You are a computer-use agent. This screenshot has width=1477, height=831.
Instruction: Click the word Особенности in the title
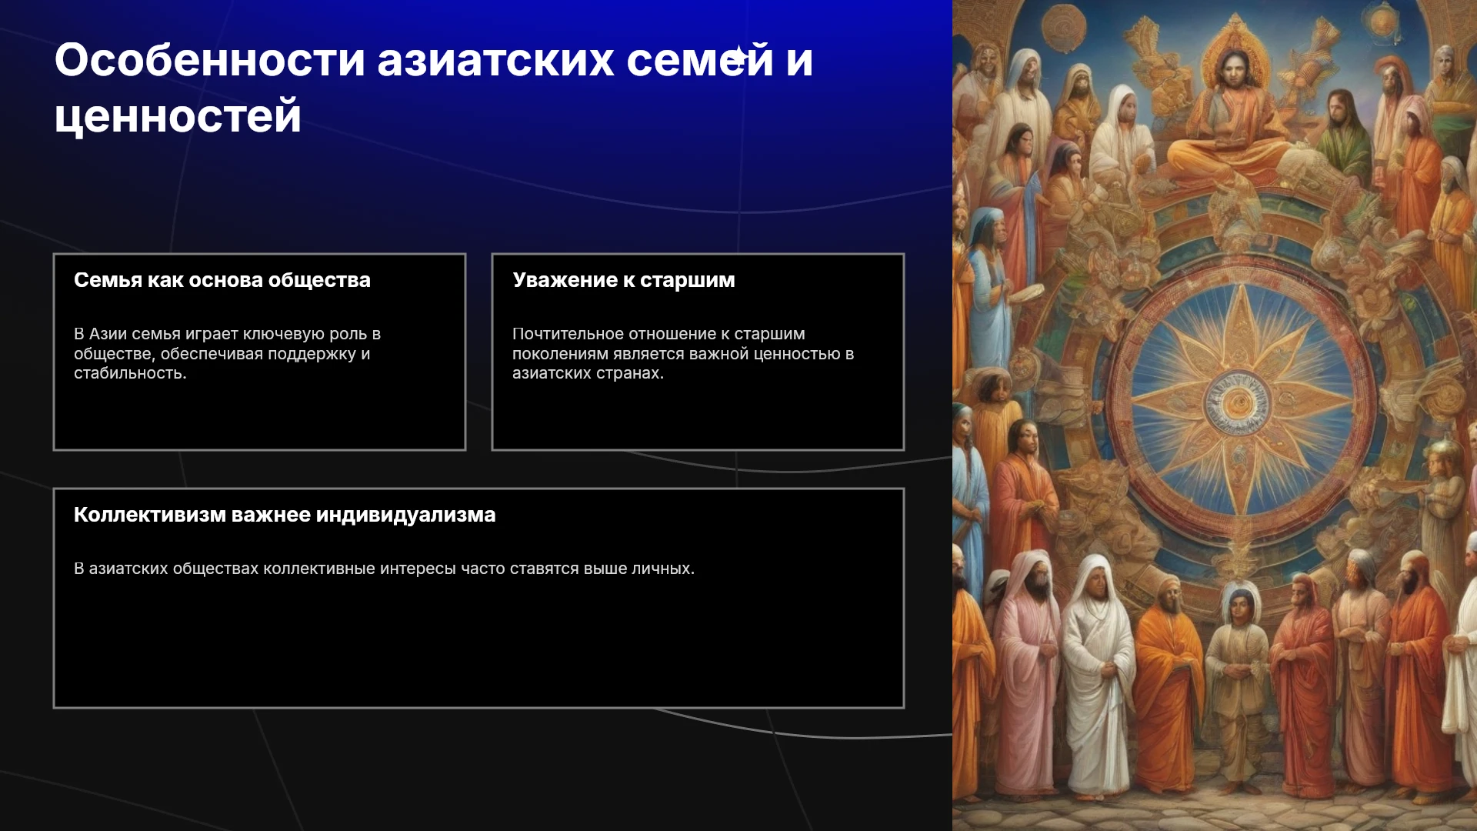[x=209, y=60]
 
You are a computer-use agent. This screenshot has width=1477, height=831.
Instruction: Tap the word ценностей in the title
[x=178, y=117]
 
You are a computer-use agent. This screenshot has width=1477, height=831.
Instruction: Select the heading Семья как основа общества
[x=222, y=280]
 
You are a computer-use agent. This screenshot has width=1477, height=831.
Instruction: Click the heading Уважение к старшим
[x=624, y=280]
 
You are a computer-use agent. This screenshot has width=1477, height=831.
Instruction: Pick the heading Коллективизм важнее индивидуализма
[x=285, y=515]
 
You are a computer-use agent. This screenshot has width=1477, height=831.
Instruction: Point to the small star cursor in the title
[x=739, y=56]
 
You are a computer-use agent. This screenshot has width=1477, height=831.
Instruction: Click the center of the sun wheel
[x=1239, y=402]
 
